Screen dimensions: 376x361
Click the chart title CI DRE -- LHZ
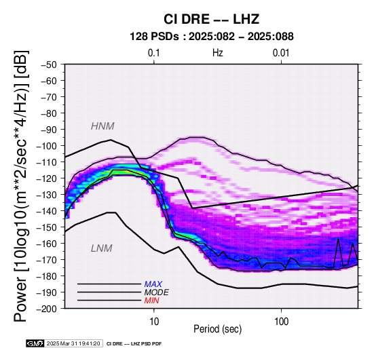pyautogui.click(x=211, y=19)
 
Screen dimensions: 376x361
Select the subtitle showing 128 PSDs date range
pyautogui.click(x=212, y=37)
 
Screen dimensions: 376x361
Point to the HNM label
pyautogui.click(x=102, y=126)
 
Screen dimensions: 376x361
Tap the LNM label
pyautogui.click(x=101, y=248)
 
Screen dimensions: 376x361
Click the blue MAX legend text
pyautogui.click(x=153, y=284)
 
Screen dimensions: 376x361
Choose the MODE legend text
pyautogui.click(x=156, y=292)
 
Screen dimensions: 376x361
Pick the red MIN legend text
pyautogui.click(x=151, y=301)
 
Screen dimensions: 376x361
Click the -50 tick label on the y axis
pyautogui.click(x=49, y=64)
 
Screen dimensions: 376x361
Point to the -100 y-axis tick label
pyautogui.click(x=46, y=146)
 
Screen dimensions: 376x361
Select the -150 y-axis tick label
pyautogui.click(x=46, y=227)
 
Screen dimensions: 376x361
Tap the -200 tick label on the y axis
pyautogui.click(x=46, y=309)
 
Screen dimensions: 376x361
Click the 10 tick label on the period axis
pyautogui.click(x=153, y=322)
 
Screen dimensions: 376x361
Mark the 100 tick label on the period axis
pyautogui.click(x=281, y=322)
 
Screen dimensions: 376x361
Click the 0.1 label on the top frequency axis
pyautogui.click(x=153, y=53)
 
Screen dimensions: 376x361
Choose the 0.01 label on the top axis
pyautogui.click(x=281, y=53)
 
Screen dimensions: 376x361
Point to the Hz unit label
pyautogui.click(x=217, y=53)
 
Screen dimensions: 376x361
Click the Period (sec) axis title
pyautogui.click(x=217, y=329)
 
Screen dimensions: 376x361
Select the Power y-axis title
pyautogui.click(x=21, y=186)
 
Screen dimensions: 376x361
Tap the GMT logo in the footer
pyautogui.click(x=35, y=343)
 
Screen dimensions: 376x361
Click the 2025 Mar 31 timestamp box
pyautogui.click(x=73, y=343)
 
